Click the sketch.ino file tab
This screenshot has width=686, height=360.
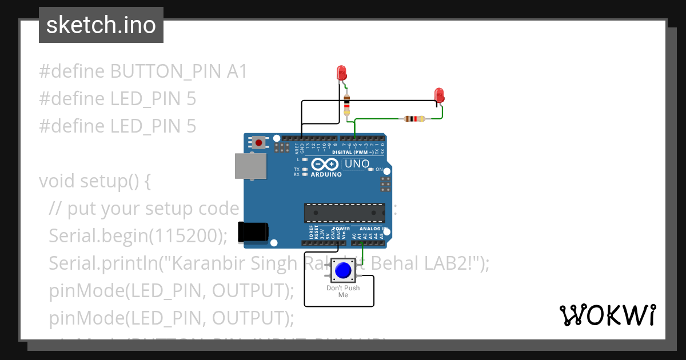[x=101, y=25]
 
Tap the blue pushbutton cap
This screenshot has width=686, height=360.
[x=343, y=270]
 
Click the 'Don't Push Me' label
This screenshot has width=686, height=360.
[x=343, y=291]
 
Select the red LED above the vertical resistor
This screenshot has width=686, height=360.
[x=341, y=73]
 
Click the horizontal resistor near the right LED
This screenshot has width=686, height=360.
[x=414, y=119]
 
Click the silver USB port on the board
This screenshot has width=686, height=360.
[x=250, y=166]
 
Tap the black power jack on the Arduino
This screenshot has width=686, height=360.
[x=253, y=230]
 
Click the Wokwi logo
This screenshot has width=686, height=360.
[x=607, y=315]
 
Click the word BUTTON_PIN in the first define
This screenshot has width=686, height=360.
[x=166, y=71]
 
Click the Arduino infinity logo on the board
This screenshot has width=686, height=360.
[x=326, y=164]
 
